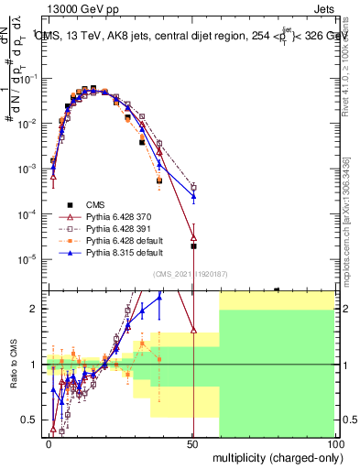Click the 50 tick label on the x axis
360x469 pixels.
point(192,443)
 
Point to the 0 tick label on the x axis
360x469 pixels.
point(49,443)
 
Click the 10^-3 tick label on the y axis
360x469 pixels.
point(27,169)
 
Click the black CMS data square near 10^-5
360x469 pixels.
point(193,246)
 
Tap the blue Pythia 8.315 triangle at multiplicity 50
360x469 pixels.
point(193,196)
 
